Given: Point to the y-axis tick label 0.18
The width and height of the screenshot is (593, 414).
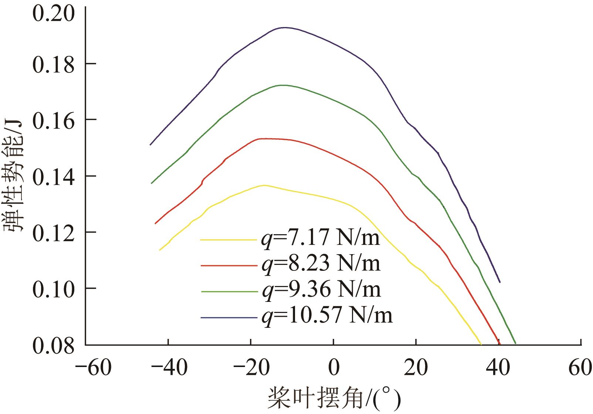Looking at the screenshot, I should [53, 65].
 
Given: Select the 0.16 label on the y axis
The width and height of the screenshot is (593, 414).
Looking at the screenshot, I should [53, 121].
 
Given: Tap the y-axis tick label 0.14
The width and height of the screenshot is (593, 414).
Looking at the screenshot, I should [53, 177].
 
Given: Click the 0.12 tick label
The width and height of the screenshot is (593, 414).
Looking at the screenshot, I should [53, 233].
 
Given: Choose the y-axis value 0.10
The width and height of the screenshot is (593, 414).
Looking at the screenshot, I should [53, 290].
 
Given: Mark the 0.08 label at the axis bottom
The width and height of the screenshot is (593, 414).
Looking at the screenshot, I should [53, 346].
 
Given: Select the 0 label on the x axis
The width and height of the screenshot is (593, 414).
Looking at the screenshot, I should [333, 368].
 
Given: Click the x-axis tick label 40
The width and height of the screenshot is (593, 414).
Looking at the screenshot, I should [499, 368].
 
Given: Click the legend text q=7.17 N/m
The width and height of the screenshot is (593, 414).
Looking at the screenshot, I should [320, 239].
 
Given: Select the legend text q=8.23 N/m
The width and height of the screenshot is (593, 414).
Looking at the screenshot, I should [320, 264].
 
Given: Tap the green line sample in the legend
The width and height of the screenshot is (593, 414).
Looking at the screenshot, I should [229, 292].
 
